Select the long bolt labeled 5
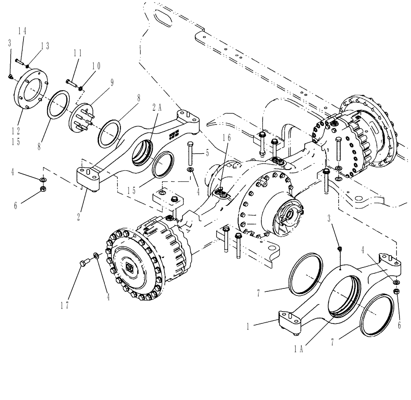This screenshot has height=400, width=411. click(x=190, y=153)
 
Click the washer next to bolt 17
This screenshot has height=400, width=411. click(x=96, y=256)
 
